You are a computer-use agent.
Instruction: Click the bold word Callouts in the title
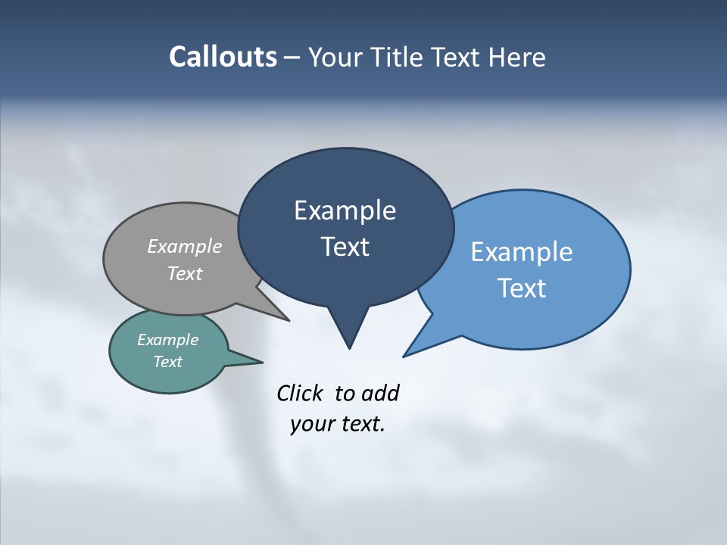pyautogui.click(x=223, y=57)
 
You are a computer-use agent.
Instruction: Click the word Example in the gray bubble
pyautogui.click(x=185, y=246)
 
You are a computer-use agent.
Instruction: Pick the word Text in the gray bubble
pyautogui.click(x=185, y=273)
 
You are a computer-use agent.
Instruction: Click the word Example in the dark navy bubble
pyautogui.click(x=345, y=210)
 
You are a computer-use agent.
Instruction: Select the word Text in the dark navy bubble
pyautogui.click(x=345, y=247)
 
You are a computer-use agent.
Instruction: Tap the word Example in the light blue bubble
pyautogui.click(x=522, y=252)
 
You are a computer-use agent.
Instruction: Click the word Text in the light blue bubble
pyautogui.click(x=522, y=288)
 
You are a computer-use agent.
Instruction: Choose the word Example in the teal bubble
pyautogui.click(x=168, y=340)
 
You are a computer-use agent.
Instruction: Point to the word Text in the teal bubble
pyautogui.click(x=168, y=362)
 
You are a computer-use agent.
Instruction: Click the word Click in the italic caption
pyautogui.click(x=300, y=393)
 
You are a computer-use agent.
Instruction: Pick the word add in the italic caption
pyautogui.click(x=380, y=393)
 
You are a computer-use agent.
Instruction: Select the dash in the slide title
pyautogui.click(x=292, y=58)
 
